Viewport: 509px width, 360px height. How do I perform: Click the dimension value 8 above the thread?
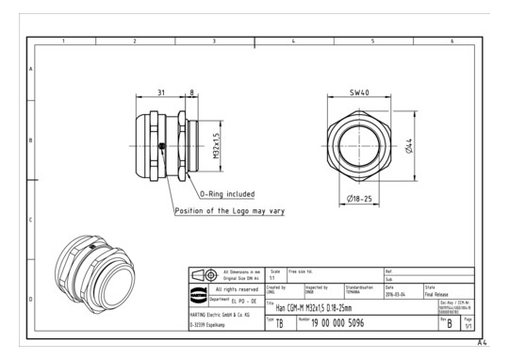click(x=193, y=92)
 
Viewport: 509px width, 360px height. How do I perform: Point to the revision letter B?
click(x=449, y=323)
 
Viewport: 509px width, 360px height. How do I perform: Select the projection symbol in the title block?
click(x=201, y=273)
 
